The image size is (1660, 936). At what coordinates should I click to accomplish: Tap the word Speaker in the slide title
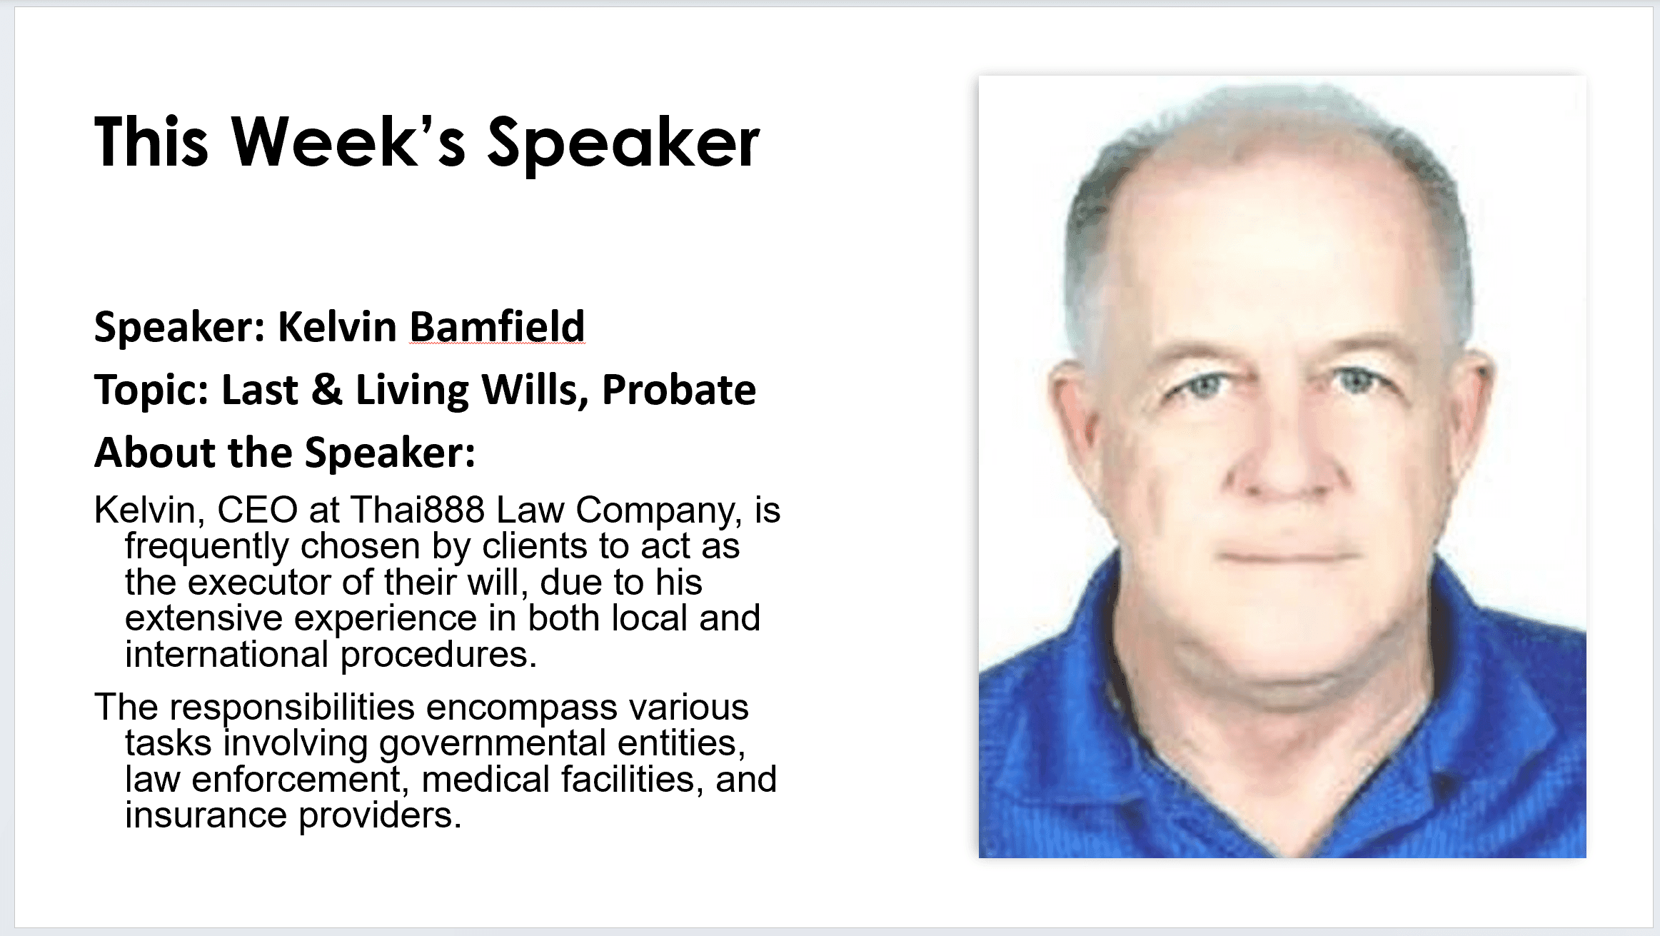click(x=623, y=146)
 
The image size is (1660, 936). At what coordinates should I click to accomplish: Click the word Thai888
click(x=418, y=510)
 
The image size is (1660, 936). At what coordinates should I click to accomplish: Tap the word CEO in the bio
click(x=257, y=510)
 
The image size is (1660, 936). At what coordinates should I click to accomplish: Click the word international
click(x=226, y=654)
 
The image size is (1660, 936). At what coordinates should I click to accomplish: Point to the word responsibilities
click(x=292, y=708)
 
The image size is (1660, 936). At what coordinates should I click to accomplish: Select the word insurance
click(x=206, y=815)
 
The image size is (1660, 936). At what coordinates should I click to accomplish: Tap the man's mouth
click(x=1289, y=557)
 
